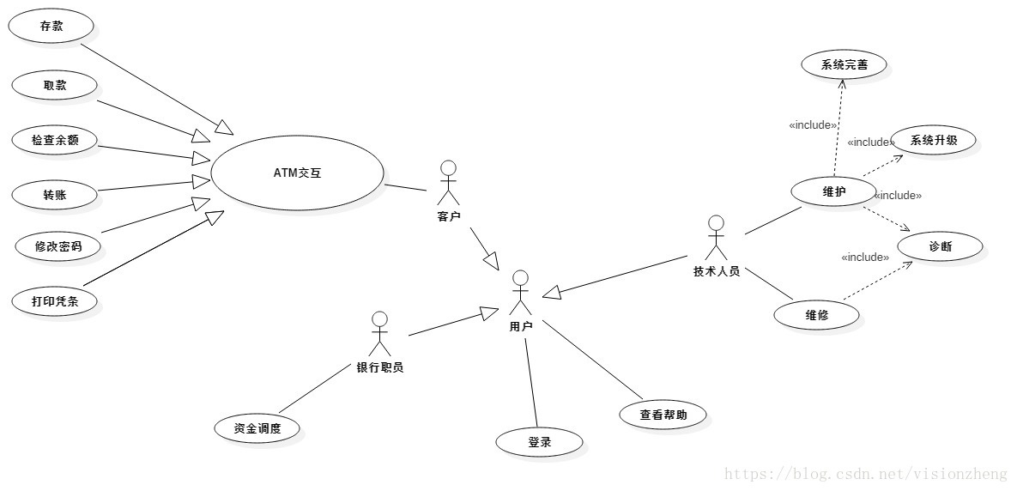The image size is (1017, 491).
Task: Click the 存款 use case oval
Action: click(51, 27)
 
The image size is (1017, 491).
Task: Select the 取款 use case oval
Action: click(54, 85)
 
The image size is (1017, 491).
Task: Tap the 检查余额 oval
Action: click(55, 140)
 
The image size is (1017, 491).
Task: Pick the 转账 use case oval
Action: click(54, 194)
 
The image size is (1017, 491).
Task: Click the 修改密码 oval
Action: click(57, 246)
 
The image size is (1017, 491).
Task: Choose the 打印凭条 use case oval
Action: click(55, 301)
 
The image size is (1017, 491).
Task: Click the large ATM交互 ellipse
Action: click(296, 173)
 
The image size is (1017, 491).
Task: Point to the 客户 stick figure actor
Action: click(448, 182)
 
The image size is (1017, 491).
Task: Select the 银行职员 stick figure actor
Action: click(380, 335)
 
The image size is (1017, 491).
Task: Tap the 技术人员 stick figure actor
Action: click(716, 238)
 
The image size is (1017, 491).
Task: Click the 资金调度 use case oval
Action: click(257, 428)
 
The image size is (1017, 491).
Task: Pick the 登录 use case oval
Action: click(539, 443)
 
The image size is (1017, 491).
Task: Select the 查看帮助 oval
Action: click(663, 415)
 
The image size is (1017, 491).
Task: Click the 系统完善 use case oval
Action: click(844, 64)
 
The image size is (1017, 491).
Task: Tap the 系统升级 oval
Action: click(934, 141)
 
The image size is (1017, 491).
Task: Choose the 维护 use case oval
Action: click(833, 192)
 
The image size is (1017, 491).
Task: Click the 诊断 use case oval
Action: click(940, 247)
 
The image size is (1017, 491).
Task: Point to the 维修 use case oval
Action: click(816, 315)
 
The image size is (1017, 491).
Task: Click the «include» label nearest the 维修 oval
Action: click(864, 258)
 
